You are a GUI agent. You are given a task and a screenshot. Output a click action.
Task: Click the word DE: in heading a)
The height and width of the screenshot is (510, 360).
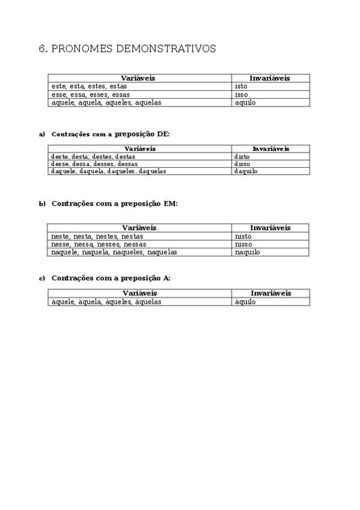163,134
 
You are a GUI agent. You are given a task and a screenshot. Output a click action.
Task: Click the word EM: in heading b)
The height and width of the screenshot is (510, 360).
170,204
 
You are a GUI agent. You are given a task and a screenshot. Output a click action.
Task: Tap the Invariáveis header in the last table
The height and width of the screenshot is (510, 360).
270,293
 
